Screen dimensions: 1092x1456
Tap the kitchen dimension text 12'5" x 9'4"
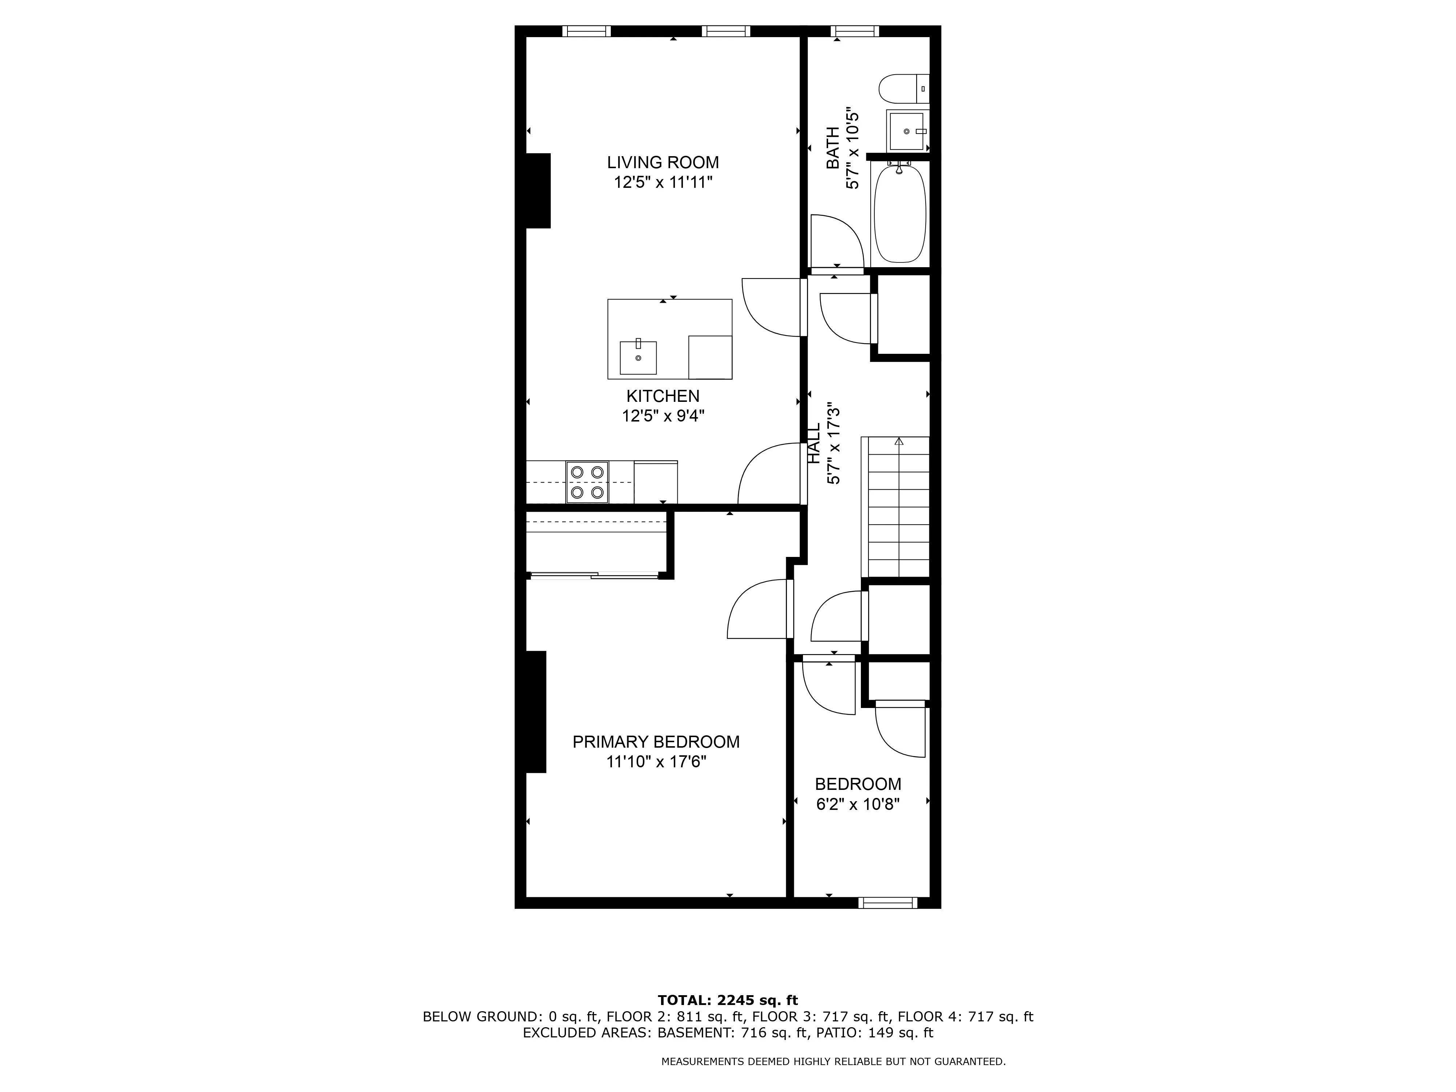coord(663,416)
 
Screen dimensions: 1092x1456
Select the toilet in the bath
coord(903,89)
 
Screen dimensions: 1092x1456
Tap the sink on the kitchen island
coord(638,357)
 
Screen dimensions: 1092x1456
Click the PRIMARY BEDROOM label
coord(656,742)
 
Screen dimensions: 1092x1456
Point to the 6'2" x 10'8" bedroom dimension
coord(858,804)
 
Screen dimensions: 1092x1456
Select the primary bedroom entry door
coord(757,609)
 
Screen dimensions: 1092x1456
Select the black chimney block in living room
coord(538,191)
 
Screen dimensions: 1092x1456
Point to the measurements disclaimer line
coord(833,1061)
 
